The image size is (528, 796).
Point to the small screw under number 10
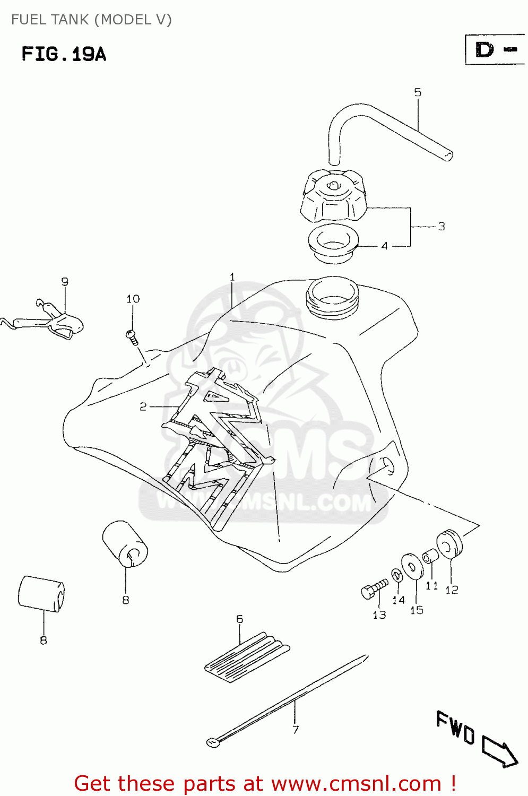point(132,336)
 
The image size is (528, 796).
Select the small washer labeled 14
point(396,575)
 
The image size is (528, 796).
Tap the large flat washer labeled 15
point(412,566)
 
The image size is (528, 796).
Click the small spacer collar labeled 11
point(430,557)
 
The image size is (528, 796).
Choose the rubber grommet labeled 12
point(449,544)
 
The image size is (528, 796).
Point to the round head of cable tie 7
point(213,742)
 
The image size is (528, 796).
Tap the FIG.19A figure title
point(64,54)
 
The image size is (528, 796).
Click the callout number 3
point(442,227)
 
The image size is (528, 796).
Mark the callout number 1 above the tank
point(232,277)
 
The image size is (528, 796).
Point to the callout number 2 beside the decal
point(143,406)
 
